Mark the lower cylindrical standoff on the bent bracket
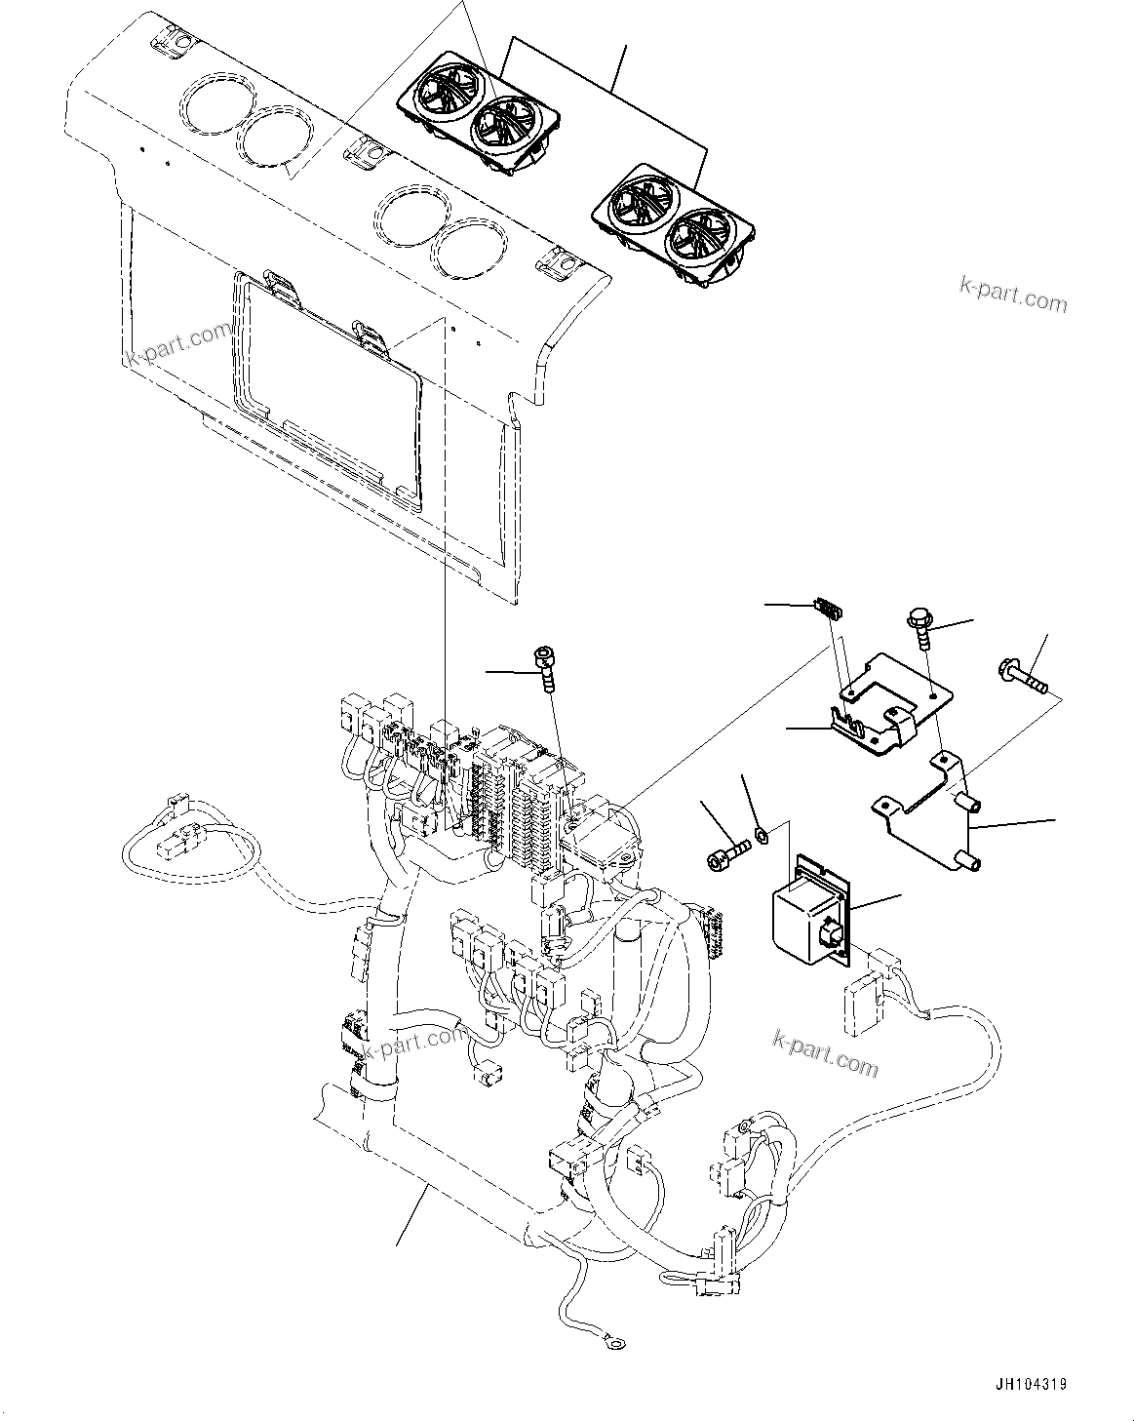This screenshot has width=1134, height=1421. [970, 862]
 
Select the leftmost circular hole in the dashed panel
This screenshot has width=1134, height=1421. [209, 104]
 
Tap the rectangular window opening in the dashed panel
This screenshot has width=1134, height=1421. [327, 390]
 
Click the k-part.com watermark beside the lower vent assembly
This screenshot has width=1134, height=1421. [1013, 295]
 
